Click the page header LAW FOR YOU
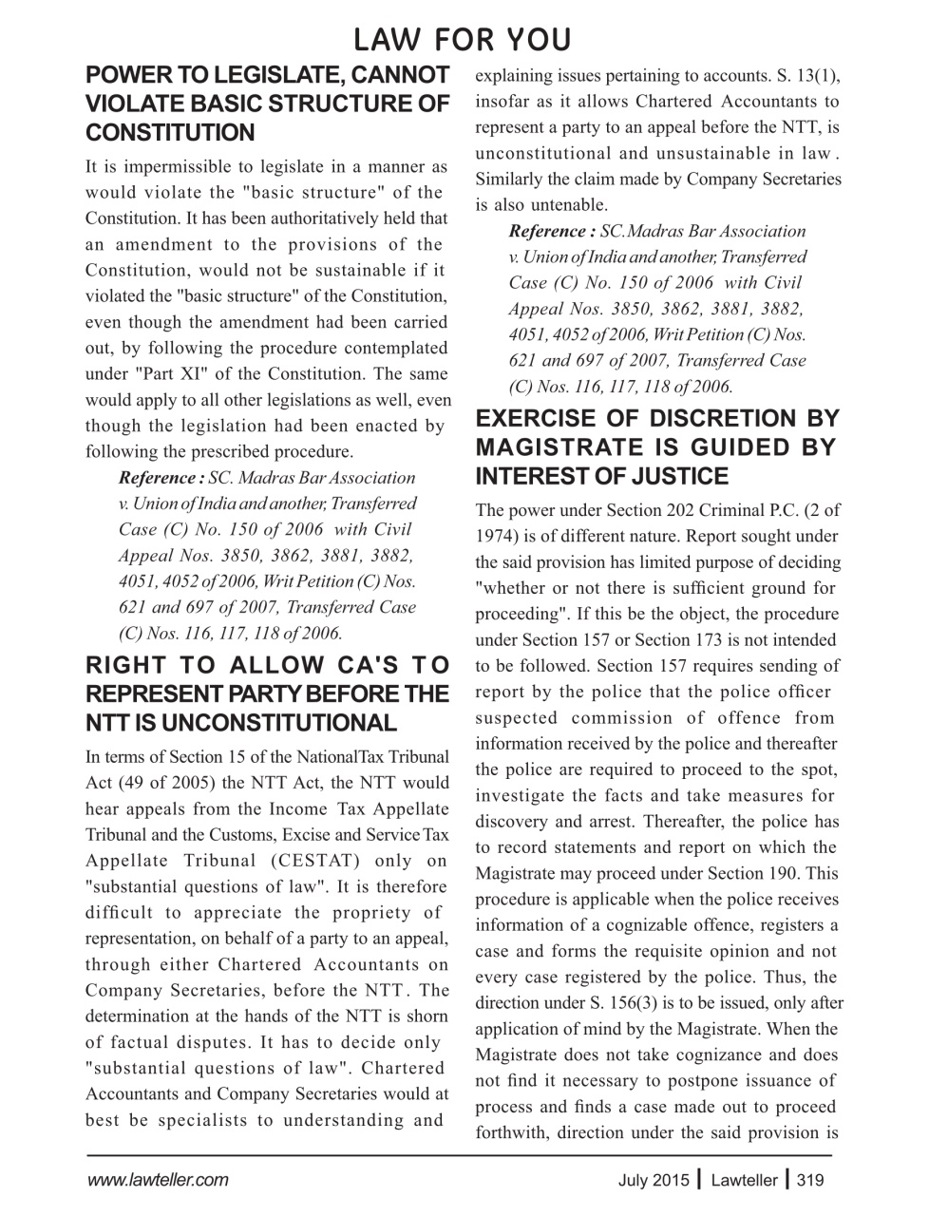pos(463,40)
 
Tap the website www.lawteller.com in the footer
pos(157,1181)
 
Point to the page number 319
pos(810,1181)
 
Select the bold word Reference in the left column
pos(157,478)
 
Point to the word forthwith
pos(512,1132)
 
